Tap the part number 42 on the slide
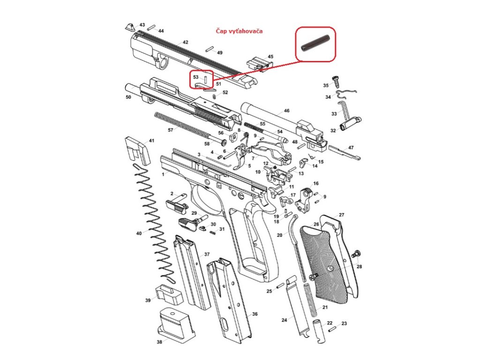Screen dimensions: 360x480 (x=185, y=42)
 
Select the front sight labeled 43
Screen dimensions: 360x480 (x=130, y=26)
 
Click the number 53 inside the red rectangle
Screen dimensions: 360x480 (x=196, y=76)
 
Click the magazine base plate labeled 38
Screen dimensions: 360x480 (x=174, y=323)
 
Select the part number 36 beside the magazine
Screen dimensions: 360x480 (x=255, y=314)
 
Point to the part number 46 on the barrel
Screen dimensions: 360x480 (x=286, y=111)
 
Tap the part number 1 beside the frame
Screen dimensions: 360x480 (x=163, y=174)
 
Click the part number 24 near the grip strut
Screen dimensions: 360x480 (x=284, y=320)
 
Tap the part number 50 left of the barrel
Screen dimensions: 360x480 (x=128, y=97)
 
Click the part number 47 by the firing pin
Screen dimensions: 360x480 (x=351, y=148)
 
